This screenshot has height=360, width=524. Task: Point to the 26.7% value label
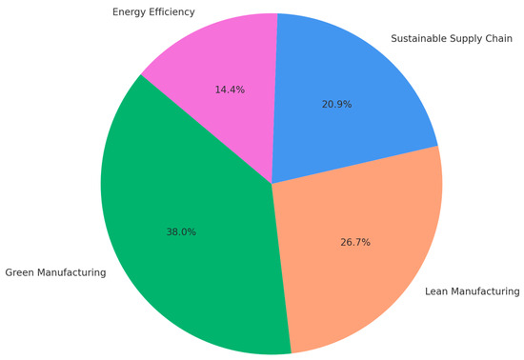coord(354,242)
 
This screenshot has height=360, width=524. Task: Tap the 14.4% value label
coord(230,90)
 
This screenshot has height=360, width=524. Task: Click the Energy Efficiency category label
coord(153,12)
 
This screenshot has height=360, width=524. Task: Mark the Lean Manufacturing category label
coord(472,290)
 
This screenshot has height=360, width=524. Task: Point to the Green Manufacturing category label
coord(55,273)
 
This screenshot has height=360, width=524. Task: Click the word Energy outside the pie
coord(130,12)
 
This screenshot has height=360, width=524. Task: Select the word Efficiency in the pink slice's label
coord(172,12)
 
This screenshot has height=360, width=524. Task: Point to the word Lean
coord(436,290)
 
